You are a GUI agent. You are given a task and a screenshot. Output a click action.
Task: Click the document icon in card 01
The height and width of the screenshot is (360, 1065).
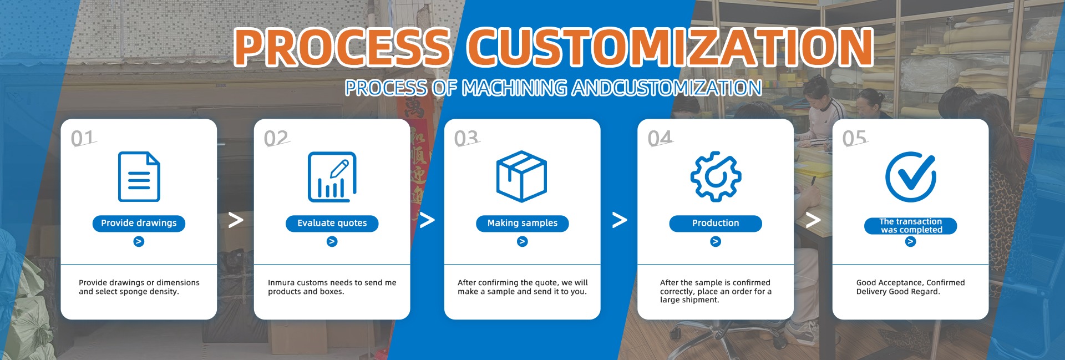point(139,176)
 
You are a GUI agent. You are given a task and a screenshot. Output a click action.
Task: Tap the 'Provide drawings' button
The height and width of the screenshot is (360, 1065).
point(139,223)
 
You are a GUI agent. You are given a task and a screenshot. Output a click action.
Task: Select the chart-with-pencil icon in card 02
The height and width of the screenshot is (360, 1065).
point(332,176)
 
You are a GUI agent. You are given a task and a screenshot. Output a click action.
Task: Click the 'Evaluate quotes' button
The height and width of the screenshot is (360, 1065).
point(332,223)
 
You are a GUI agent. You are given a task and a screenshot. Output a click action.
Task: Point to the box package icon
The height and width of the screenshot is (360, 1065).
point(521,176)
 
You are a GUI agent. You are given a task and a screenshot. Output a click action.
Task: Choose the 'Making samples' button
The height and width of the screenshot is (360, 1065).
point(523,223)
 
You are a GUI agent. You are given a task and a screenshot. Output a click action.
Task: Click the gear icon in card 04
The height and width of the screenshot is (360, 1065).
point(716,176)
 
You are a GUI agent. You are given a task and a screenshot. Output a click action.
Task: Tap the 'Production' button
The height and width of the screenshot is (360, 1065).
point(716,223)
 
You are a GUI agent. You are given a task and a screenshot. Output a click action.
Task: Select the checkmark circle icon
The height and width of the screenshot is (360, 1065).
point(911,176)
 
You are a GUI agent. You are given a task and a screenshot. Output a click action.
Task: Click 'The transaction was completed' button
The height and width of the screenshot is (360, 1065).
point(911,226)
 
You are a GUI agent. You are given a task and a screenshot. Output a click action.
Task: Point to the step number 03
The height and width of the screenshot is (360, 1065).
point(466,138)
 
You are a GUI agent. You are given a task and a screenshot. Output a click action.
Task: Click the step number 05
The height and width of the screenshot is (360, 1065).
point(854,138)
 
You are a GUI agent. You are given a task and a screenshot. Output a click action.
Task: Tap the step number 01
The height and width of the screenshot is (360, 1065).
point(83,138)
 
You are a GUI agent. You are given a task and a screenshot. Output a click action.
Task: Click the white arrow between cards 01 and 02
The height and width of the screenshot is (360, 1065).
point(236,220)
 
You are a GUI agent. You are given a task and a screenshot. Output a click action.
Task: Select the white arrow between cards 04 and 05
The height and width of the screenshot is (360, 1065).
point(813,220)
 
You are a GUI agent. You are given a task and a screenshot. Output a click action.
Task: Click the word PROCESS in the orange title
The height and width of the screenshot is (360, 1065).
point(342,47)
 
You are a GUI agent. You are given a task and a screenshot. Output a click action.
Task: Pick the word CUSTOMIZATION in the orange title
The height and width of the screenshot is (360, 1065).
point(670,47)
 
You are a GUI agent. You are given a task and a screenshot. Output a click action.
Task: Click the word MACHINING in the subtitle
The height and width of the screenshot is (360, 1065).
point(515,88)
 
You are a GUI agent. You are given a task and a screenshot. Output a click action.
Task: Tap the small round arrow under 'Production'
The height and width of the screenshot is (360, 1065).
point(716,241)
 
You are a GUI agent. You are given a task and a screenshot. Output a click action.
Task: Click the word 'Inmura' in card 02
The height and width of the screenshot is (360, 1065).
point(281,282)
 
